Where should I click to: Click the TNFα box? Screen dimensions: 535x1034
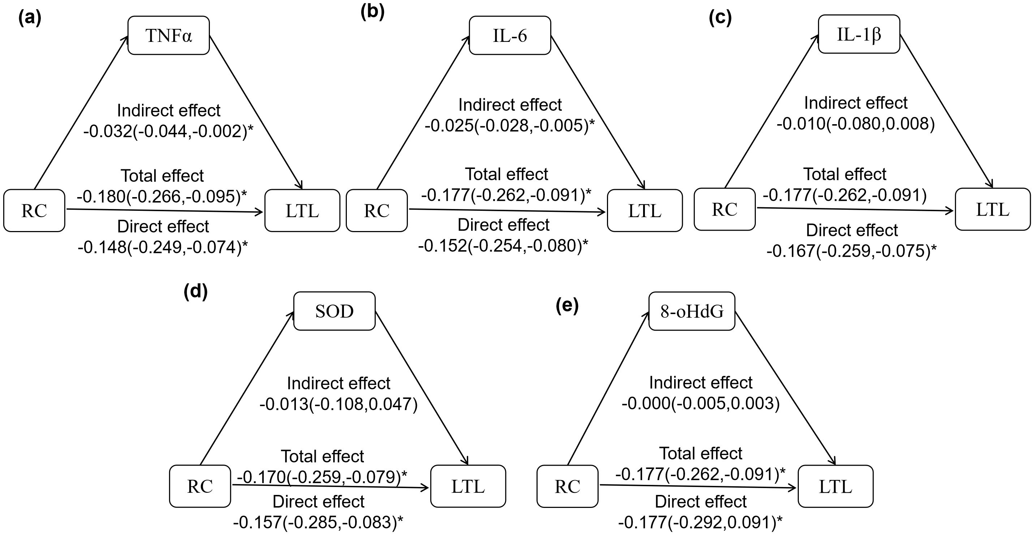(169, 35)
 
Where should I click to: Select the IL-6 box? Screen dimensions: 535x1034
(510, 35)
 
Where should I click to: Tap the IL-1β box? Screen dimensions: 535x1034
(859, 34)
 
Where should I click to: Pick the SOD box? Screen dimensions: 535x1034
(334, 311)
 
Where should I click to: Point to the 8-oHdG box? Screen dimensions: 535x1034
(692, 311)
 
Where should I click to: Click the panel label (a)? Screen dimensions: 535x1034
(30, 18)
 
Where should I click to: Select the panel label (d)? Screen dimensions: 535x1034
(195, 292)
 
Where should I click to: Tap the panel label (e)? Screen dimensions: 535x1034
(567, 306)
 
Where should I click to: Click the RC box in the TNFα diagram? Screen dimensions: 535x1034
(34, 210)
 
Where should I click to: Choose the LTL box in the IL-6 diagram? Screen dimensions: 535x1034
(645, 210)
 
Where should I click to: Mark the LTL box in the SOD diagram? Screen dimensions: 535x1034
(468, 486)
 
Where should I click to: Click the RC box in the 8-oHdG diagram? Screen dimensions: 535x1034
(567, 486)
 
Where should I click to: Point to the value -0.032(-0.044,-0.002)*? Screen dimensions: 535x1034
(169, 131)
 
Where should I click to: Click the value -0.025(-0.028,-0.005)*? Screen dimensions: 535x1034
(510, 126)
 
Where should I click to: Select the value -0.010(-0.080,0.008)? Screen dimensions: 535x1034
(856, 124)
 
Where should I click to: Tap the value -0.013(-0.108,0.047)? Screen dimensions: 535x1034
(339, 404)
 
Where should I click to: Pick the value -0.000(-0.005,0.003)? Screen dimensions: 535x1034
(701, 403)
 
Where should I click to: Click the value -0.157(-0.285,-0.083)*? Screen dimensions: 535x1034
(318, 522)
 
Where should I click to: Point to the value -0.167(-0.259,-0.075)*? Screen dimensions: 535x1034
(852, 251)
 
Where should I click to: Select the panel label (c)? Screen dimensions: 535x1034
(720, 18)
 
